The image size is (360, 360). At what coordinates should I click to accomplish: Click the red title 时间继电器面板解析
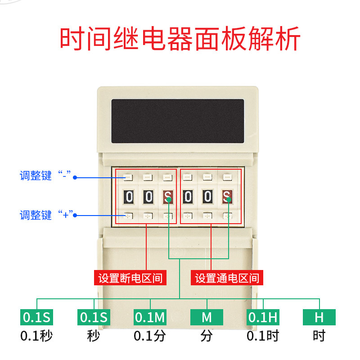[180, 40]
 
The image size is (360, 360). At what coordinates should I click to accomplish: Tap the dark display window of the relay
[178, 121]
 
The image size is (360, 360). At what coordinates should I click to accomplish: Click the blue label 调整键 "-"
[45, 176]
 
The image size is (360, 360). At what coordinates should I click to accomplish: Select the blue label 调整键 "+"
[45, 215]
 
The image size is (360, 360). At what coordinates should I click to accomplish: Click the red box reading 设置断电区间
[130, 278]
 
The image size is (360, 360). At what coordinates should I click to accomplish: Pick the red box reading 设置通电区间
[227, 278]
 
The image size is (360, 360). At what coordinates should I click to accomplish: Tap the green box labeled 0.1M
[150, 317]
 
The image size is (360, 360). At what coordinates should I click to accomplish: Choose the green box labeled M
[207, 317]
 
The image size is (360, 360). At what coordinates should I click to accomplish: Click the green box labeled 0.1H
[263, 317]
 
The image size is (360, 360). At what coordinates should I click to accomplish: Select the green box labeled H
[319, 317]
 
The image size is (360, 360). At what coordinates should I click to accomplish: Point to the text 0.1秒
[37, 336]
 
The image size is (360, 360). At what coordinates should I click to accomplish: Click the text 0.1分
[150, 336]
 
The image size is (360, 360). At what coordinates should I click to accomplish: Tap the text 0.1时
[263, 336]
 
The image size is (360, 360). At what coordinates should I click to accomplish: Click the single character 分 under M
[207, 336]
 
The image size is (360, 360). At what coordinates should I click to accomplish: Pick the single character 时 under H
[319, 336]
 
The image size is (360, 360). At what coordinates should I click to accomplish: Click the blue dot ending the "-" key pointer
[75, 177]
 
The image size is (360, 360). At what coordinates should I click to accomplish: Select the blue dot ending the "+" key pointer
[75, 216]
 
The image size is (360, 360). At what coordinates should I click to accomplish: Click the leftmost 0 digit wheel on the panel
[129, 197]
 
